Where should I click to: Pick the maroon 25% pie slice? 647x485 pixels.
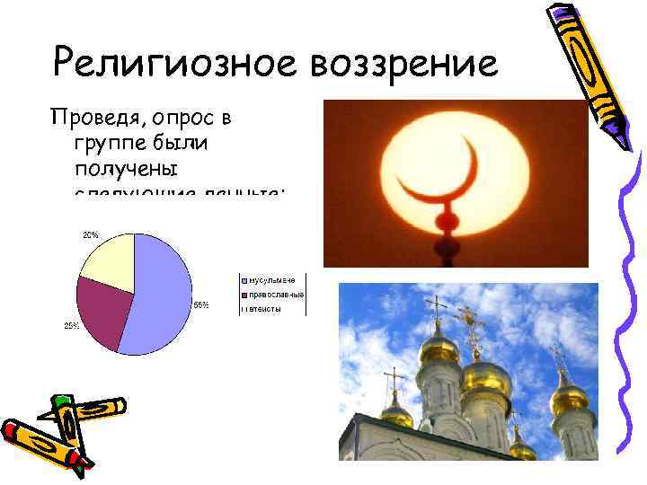pyautogui.click(x=99, y=310)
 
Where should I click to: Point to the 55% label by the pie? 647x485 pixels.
pyautogui.click(x=201, y=304)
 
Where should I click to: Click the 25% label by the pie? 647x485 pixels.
pyautogui.click(x=70, y=325)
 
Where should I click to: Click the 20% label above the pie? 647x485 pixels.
pyautogui.click(x=91, y=234)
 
